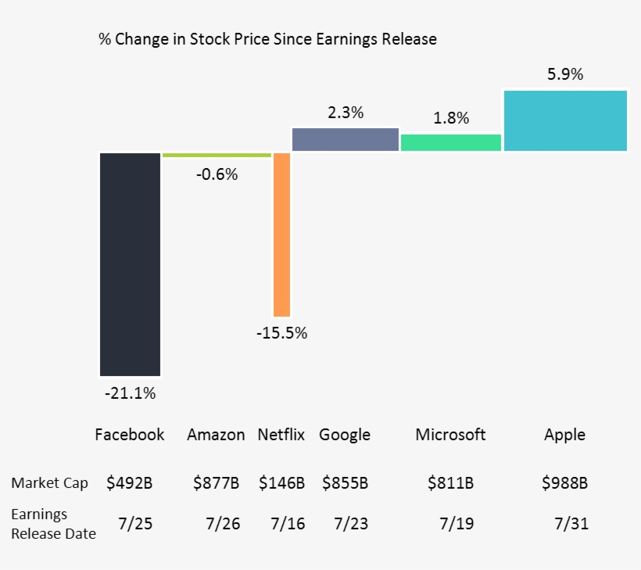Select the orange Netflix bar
point(281,234)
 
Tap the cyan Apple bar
point(565,120)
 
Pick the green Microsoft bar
point(450,142)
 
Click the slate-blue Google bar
point(345,139)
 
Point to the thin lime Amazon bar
point(217,156)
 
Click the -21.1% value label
point(130,393)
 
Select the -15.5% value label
point(281,333)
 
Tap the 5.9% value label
point(565,74)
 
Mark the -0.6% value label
point(217,174)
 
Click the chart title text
point(267,38)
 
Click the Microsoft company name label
point(450,435)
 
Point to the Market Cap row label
point(49,482)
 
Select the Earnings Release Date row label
point(53,524)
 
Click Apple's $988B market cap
point(564,483)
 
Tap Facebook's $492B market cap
point(130,483)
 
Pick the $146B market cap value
point(281,483)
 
